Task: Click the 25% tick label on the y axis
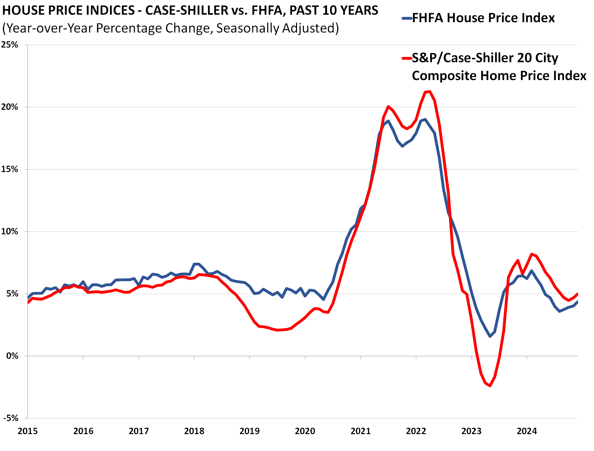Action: click(10, 45)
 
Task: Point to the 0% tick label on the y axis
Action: click(12, 356)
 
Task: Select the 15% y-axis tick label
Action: click(10, 169)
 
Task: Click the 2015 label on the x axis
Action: click(28, 431)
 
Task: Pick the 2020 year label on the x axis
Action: click(305, 431)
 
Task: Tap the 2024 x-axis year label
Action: click(527, 431)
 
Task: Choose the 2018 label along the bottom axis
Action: click(194, 431)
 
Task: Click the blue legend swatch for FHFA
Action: click(406, 18)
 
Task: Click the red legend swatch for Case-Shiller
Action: click(406, 58)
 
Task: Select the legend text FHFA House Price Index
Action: click(483, 18)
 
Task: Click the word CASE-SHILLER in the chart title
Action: click(187, 11)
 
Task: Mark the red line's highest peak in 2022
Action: click(429, 91)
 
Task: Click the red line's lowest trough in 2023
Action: click(490, 386)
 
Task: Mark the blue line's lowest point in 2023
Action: click(490, 336)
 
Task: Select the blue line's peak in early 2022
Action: click(425, 119)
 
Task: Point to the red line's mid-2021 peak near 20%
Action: click(388, 107)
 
